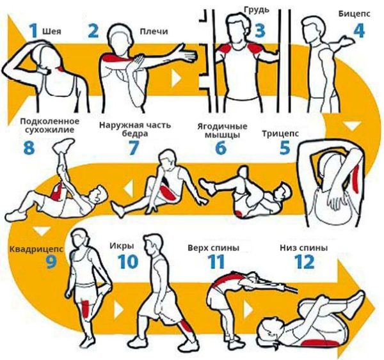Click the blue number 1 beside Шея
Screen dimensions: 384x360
click(33, 31)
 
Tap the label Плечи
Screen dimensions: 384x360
click(154, 31)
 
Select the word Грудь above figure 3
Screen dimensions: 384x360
click(257, 10)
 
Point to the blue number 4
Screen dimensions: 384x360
click(359, 31)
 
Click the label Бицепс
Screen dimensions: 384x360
click(354, 13)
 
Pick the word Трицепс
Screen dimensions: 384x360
click(280, 134)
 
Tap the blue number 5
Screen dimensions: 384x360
click(285, 148)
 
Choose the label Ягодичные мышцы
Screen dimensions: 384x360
click(222, 130)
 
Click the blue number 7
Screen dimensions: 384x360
click(134, 148)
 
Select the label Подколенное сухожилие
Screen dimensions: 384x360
click(50, 125)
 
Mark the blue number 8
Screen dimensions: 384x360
click(29, 148)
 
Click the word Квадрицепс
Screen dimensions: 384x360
click(36, 249)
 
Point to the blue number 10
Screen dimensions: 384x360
click(128, 262)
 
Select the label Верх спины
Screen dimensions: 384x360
click(213, 248)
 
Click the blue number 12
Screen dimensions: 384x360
click(304, 262)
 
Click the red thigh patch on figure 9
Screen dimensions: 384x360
click(86, 309)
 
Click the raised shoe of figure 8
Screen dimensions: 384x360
click(63, 145)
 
